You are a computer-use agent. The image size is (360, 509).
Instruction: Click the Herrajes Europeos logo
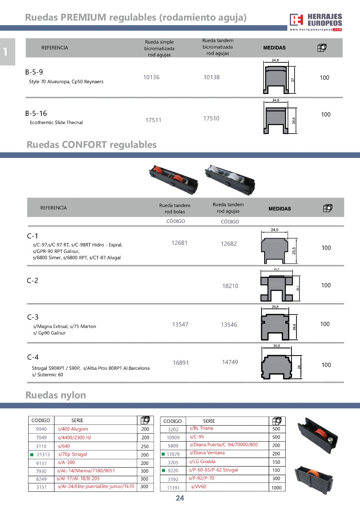point(316,22)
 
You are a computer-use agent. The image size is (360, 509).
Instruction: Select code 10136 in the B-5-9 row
point(151,77)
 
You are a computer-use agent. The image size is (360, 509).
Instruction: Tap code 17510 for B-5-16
point(211,119)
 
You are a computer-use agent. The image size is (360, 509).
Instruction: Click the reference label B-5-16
point(36,114)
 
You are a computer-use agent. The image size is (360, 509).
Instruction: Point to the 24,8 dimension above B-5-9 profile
point(275,60)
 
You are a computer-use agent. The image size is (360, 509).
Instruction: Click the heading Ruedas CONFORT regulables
point(92,145)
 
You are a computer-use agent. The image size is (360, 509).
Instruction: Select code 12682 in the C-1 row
point(229,244)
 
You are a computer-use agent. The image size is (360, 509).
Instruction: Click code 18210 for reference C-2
point(230,286)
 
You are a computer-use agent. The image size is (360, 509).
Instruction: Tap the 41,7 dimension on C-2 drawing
point(277,269)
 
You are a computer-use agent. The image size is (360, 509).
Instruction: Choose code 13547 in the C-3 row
point(180,325)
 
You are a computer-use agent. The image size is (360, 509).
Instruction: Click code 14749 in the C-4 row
point(230,362)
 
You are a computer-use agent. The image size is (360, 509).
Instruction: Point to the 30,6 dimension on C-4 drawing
point(277,346)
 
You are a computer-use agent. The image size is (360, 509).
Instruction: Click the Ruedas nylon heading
point(56,395)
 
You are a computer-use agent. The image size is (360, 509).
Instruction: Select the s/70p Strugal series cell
point(72,454)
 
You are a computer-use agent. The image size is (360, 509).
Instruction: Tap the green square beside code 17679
point(163,454)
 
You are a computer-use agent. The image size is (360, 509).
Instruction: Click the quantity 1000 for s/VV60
point(277,488)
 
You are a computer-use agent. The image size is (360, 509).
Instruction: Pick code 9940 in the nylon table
point(41,429)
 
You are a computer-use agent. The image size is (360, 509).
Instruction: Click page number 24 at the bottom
point(180,498)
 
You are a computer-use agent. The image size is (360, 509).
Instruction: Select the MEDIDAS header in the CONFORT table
point(280,209)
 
